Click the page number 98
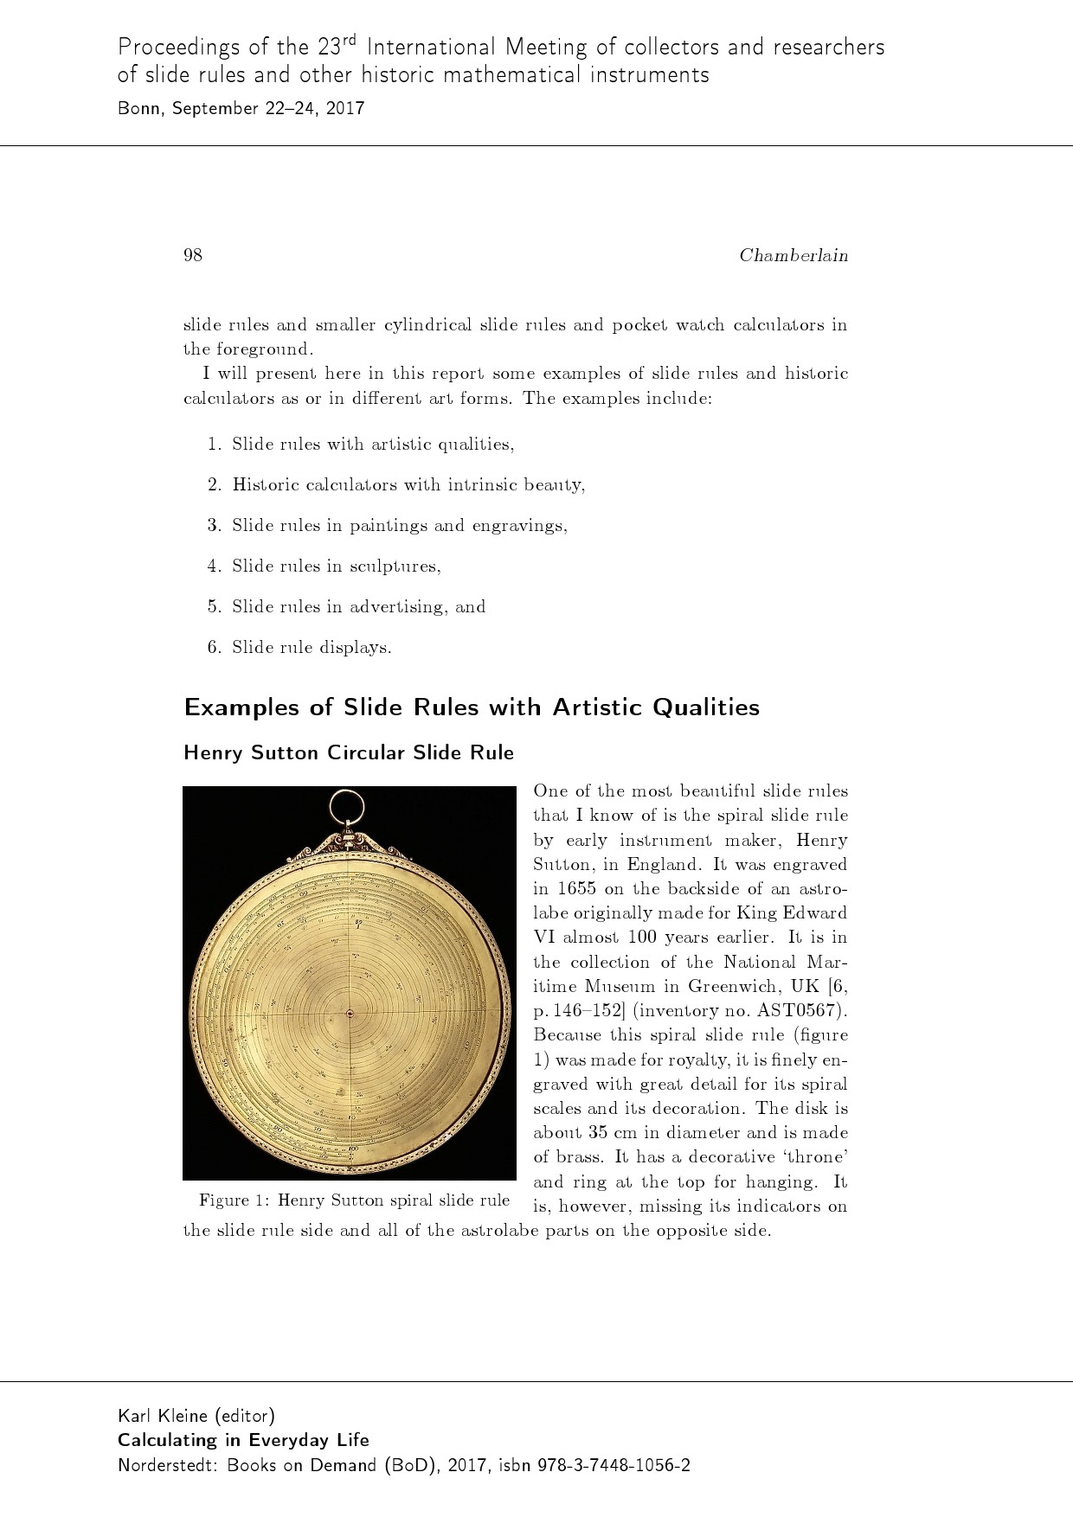click(x=192, y=254)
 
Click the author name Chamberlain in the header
click(x=793, y=255)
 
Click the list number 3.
click(x=214, y=525)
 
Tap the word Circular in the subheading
click(x=365, y=752)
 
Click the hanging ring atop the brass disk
click(x=349, y=807)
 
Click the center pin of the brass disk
click(x=349, y=1013)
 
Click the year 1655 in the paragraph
click(x=576, y=888)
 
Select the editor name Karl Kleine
click(x=163, y=1416)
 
